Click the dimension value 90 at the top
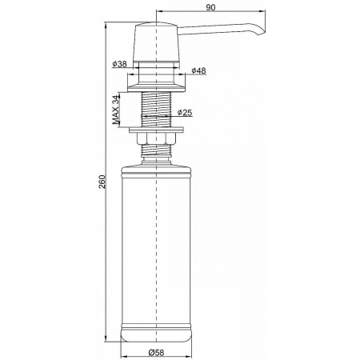(210, 7)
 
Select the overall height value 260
(102, 182)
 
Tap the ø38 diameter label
(119, 64)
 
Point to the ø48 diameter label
(198, 70)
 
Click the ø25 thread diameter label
(185, 113)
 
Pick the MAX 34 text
(116, 110)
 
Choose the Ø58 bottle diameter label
(156, 353)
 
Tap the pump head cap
(156, 42)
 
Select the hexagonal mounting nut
(156, 138)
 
